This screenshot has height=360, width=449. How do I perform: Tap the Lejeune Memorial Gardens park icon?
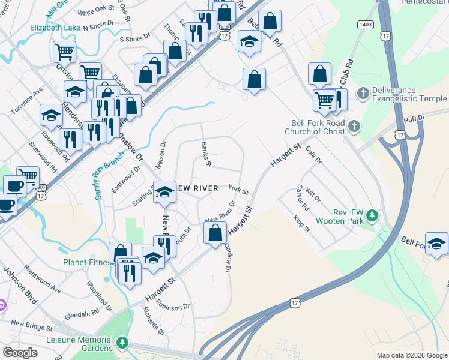pyautogui.click(x=122, y=343)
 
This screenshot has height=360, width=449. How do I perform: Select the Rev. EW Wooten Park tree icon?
pyautogui.click(x=372, y=215)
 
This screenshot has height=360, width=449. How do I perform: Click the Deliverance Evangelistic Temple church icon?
pyautogui.click(x=362, y=93)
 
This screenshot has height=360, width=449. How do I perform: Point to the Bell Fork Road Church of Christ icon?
pyautogui.click(x=354, y=126)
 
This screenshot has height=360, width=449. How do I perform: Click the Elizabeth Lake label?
pyautogui.click(x=55, y=28)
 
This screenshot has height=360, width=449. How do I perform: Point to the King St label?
pyautogui.click(x=301, y=223)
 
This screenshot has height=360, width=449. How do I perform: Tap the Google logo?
pyautogui.click(x=20, y=353)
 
